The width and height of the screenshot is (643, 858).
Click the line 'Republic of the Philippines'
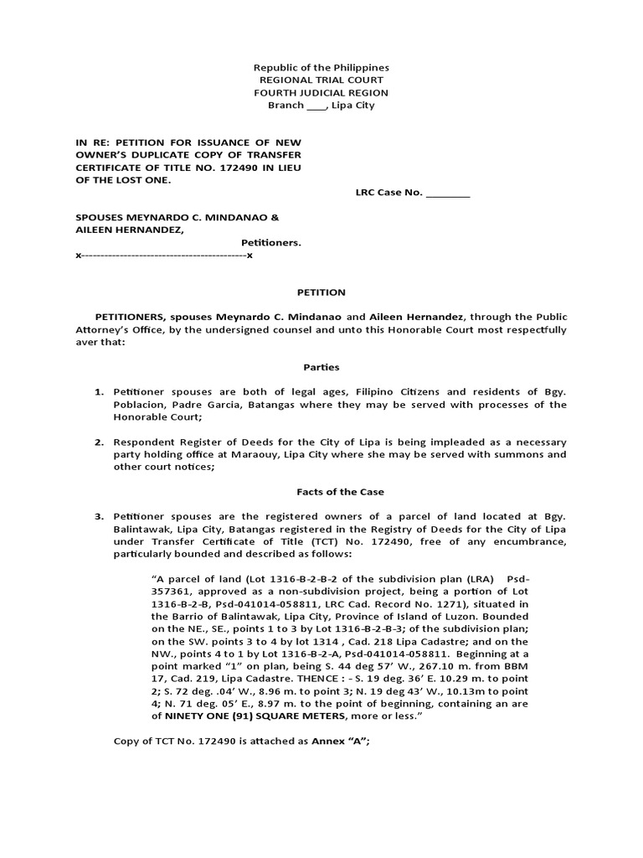click(x=321, y=67)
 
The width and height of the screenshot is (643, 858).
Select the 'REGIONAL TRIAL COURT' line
click(x=321, y=80)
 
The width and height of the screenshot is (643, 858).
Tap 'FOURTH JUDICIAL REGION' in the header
click(x=321, y=92)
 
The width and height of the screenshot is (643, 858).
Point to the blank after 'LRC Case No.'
click(x=448, y=193)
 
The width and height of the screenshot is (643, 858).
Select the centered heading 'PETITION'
click(x=321, y=292)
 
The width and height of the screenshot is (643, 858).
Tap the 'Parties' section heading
click(x=321, y=367)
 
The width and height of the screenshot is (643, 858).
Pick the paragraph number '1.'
click(x=98, y=392)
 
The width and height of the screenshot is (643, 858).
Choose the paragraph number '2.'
click(x=98, y=442)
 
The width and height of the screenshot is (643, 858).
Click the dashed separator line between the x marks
click(x=163, y=255)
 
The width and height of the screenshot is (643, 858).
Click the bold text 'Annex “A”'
click(x=339, y=742)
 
